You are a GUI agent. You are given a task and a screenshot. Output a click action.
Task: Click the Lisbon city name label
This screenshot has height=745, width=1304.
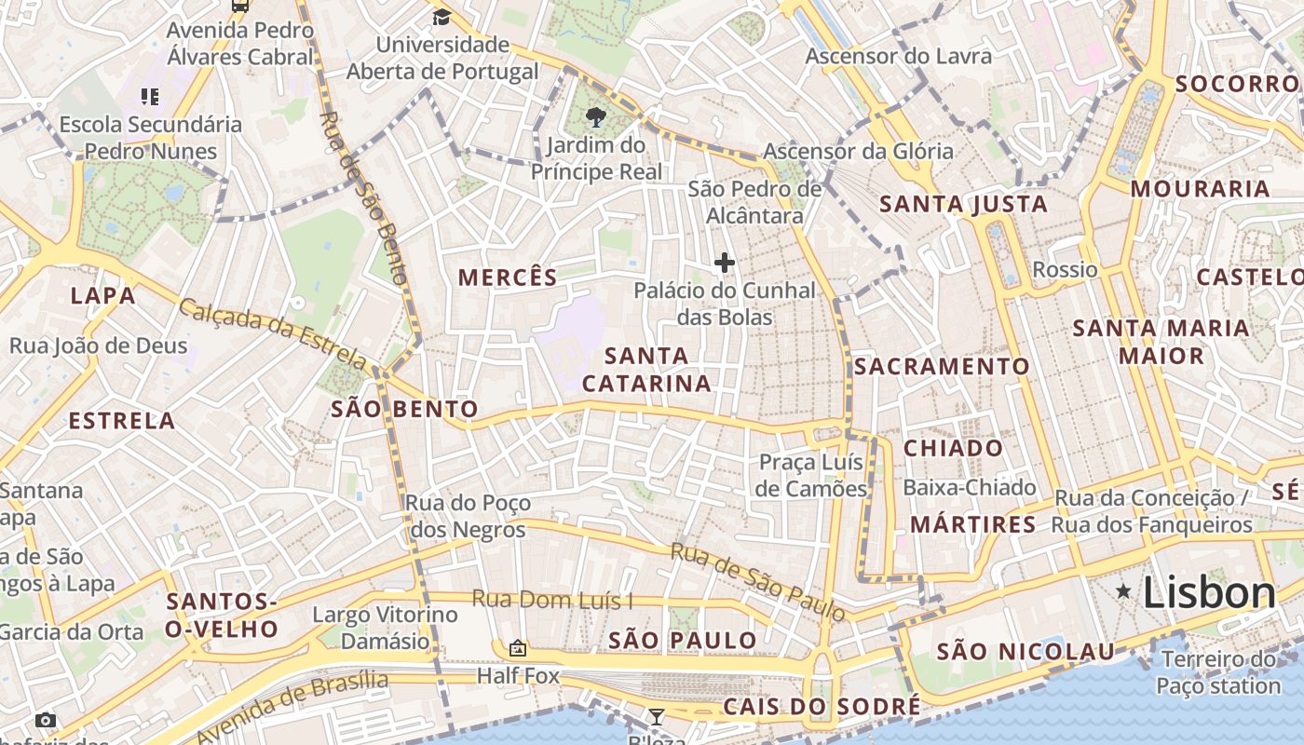tap(1208, 592)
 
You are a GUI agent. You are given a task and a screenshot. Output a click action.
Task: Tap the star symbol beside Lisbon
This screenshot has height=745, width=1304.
tap(1124, 591)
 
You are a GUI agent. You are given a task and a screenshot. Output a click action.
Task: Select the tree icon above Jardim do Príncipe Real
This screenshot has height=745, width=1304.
tap(596, 117)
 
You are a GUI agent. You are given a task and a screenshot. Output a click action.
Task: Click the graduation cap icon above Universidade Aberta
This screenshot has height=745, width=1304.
tap(441, 17)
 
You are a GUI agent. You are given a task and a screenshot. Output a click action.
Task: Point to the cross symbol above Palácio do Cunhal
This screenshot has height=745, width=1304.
tap(724, 263)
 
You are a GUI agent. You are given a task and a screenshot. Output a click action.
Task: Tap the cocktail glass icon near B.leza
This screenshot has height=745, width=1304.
tap(657, 716)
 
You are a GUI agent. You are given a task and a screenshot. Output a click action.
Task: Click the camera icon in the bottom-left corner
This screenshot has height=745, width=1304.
tap(45, 720)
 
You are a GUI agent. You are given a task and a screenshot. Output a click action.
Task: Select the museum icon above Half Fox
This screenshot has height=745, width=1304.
tap(518, 648)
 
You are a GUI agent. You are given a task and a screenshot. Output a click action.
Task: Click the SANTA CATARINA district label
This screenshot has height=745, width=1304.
tap(646, 370)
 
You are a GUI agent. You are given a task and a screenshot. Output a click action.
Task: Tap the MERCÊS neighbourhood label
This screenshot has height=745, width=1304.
tap(508, 278)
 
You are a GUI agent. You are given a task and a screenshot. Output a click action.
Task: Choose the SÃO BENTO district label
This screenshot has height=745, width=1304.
tap(405, 409)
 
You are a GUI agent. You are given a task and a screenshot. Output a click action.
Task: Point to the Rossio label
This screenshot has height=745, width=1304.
tap(1065, 270)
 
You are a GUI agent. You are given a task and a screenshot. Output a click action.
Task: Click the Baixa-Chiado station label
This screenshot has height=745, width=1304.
tap(969, 487)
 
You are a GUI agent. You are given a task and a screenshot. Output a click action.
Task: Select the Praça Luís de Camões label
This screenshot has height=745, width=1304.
tap(811, 475)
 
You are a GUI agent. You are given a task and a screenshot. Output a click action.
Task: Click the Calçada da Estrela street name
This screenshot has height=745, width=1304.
tap(273, 332)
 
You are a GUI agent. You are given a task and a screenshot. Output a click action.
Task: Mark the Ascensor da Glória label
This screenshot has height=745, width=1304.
tap(858, 151)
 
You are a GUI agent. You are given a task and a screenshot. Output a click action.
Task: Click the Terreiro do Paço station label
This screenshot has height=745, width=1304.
tap(1218, 673)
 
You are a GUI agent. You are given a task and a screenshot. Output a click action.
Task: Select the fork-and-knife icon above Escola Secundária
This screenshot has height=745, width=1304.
tap(150, 96)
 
